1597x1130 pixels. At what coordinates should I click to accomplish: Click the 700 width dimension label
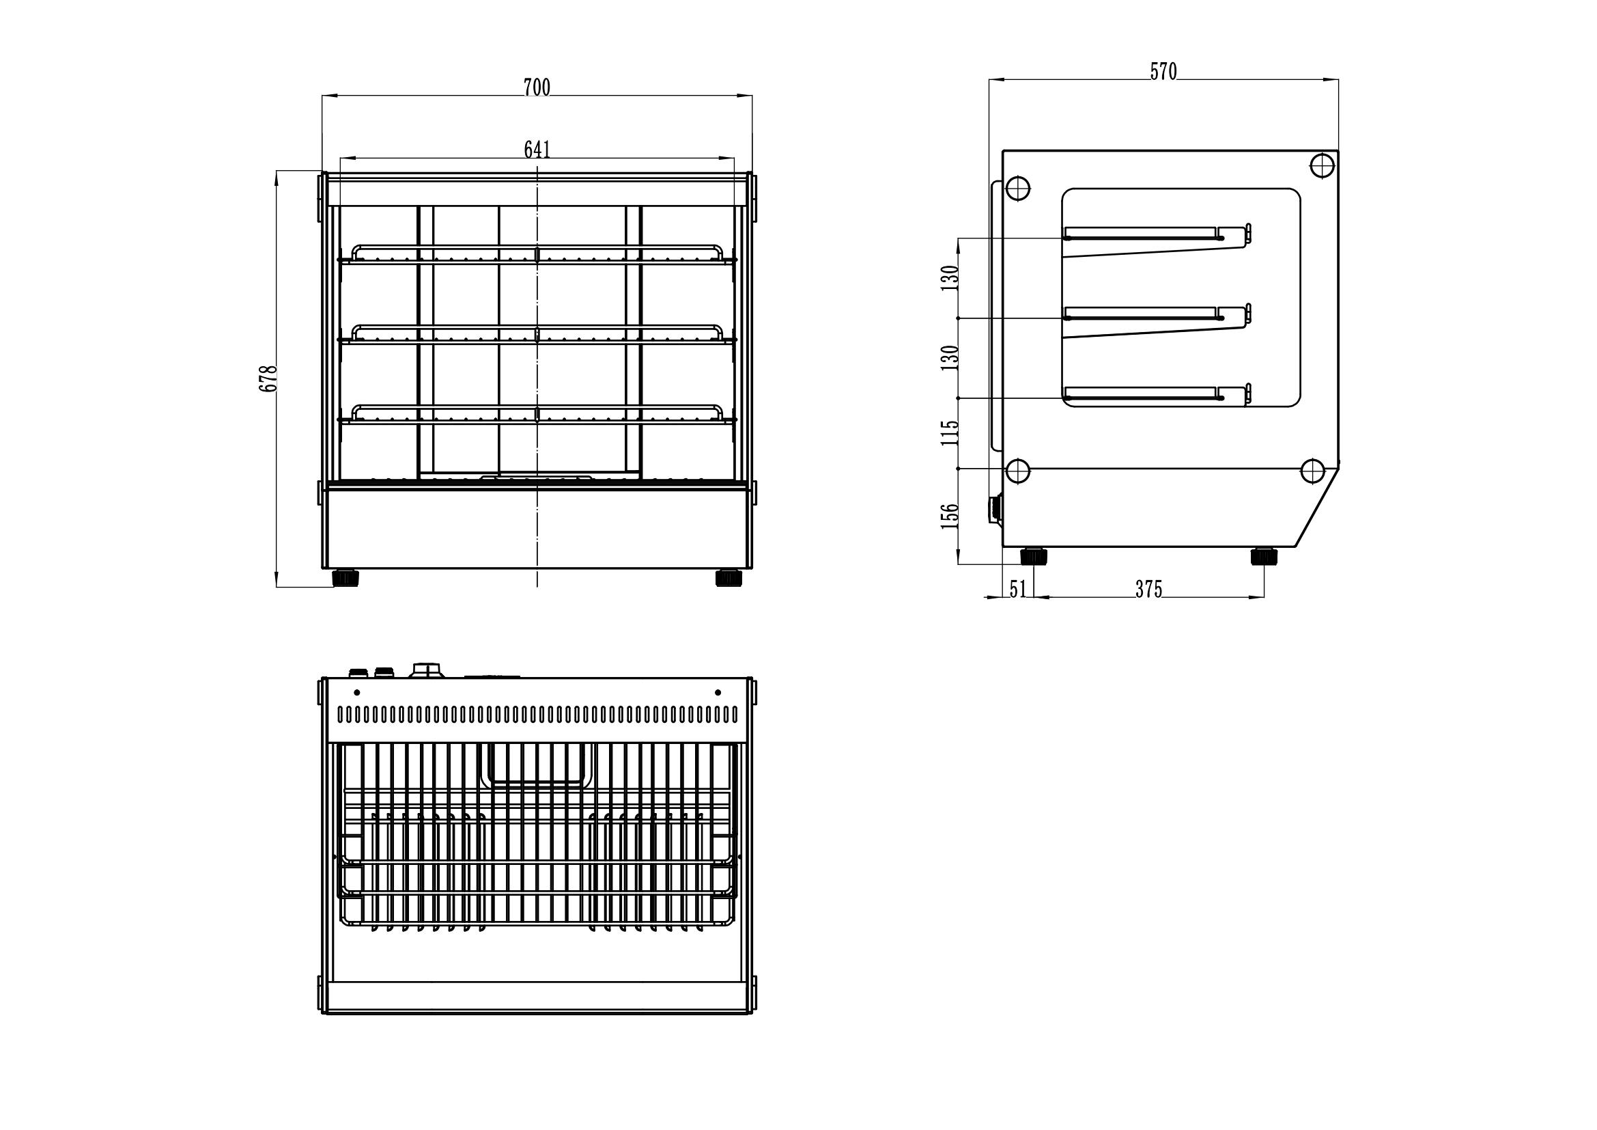pyautogui.click(x=536, y=87)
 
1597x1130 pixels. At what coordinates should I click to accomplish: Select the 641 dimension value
pyautogui.click(x=537, y=150)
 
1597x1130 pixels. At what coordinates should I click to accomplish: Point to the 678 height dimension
pyautogui.click(x=268, y=378)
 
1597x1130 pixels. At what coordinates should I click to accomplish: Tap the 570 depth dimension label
pyautogui.click(x=1163, y=72)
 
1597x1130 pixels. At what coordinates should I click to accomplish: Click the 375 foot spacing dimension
pyautogui.click(x=1148, y=590)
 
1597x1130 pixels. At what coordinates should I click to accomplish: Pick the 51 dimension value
pyautogui.click(x=1017, y=590)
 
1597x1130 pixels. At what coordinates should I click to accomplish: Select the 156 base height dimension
pyautogui.click(x=950, y=516)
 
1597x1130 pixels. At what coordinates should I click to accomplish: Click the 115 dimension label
pyautogui.click(x=950, y=432)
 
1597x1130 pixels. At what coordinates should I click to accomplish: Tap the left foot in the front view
pyautogui.click(x=345, y=577)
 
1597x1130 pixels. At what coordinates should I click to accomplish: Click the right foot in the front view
pyautogui.click(x=729, y=577)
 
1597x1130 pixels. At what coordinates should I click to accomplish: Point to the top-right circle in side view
pyautogui.click(x=1323, y=165)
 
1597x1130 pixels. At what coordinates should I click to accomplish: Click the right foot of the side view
pyautogui.click(x=1264, y=556)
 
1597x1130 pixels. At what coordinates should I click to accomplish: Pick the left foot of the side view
pyautogui.click(x=1034, y=556)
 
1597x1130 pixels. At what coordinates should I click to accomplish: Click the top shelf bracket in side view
pyautogui.click(x=1157, y=240)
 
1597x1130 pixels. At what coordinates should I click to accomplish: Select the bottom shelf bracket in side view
pyautogui.click(x=1157, y=393)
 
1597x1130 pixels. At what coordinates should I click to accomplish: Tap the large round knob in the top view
pyautogui.click(x=426, y=670)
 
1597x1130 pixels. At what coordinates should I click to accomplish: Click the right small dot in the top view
pyautogui.click(x=718, y=692)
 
